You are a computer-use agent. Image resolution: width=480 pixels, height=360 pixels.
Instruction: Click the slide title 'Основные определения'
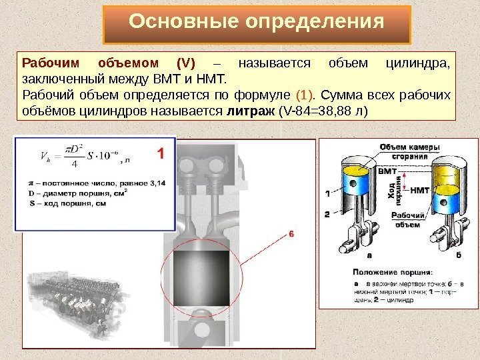[x=257, y=23]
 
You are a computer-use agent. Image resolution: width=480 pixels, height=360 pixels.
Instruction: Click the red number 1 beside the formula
[x=160, y=153]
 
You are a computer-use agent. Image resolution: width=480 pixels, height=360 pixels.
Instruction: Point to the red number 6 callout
[x=291, y=234]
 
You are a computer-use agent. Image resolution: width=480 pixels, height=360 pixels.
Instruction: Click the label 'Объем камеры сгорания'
[x=409, y=151]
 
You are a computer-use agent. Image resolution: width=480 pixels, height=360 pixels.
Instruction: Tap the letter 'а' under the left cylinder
[x=369, y=255]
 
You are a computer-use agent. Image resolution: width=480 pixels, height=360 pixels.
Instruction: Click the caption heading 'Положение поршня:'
[x=392, y=272]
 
